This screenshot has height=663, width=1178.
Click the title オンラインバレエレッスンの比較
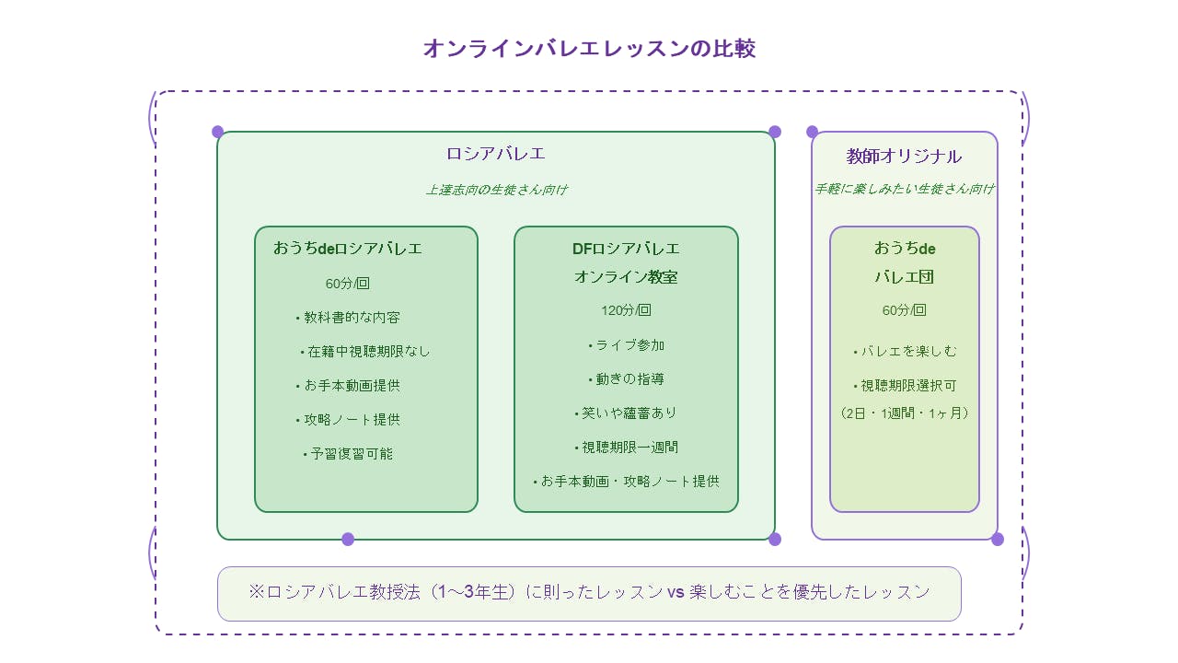pyautogui.click(x=589, y=49)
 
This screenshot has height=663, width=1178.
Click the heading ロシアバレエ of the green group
pyautogui.click(x=495, y=154)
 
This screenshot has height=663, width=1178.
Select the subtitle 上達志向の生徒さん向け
pyautogui.click(x=495, y=190)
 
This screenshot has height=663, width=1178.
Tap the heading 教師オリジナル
pyautogui.click(x=904, y=157)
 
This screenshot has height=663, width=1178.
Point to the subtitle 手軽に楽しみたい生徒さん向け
pyautogui.click(x=904, y=189)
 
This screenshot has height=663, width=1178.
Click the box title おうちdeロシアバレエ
pyautogui.click(x=348, y=249)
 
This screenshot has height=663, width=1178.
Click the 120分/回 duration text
pyautogui.click(x=626, y=310)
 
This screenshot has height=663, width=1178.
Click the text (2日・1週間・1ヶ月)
pyautogui.click(x=905, y=413)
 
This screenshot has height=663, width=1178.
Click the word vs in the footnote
pyautogui.click(x=676, y=593)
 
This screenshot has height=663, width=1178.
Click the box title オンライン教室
pyautogui.click(x=626, y=277)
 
